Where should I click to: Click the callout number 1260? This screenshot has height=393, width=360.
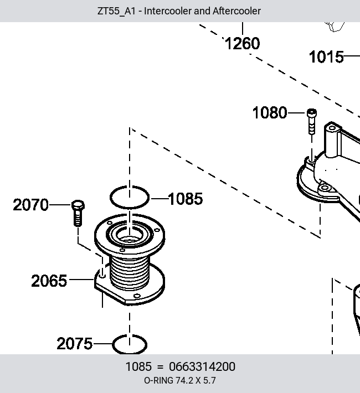(x=243, y=44)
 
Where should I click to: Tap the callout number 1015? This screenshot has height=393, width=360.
(x=326, y=57)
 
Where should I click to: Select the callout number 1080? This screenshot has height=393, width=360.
(x=270, y=113)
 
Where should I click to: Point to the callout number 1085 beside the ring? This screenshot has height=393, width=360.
(x=186, y=199)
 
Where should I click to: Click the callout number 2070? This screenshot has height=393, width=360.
(x=30, y=205)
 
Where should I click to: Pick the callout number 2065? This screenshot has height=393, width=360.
(x=49, y=281)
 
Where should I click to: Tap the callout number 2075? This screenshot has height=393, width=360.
(x=75, y=344)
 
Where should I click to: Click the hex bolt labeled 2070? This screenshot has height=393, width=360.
(x=78, y=213)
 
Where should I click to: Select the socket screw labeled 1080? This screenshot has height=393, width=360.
(x=312, y=122)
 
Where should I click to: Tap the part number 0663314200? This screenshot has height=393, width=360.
(x=202, y=366)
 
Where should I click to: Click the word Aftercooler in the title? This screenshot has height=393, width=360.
(x=236, y=11)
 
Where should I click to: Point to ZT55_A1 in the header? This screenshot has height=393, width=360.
(x=116, y=11)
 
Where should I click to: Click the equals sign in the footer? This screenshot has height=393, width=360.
(x=160, y=367)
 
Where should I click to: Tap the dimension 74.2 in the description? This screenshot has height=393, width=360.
(x=184, y=381)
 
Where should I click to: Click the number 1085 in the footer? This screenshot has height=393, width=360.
(x=138, y=366)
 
